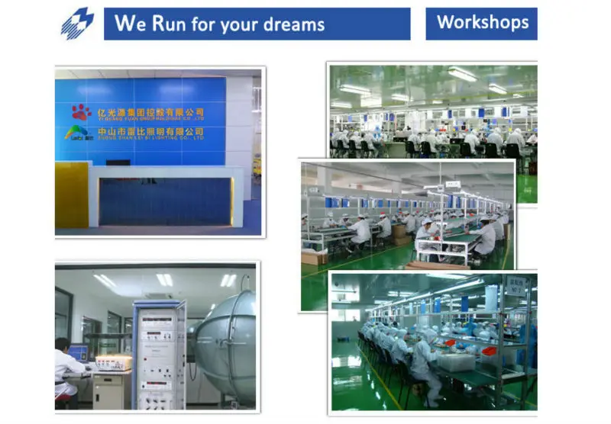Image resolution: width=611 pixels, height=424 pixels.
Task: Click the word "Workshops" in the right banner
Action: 482,22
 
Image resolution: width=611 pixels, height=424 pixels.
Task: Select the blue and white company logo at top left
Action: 77,23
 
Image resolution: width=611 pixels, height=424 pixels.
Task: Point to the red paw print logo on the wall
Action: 81,113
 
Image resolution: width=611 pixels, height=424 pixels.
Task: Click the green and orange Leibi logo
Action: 77,133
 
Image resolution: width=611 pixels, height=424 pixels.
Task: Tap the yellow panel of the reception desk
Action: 71,204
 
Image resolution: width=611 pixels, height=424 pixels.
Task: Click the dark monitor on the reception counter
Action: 118,162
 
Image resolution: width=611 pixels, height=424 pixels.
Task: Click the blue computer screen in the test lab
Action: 78,353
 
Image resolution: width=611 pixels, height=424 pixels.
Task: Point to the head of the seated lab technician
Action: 63,345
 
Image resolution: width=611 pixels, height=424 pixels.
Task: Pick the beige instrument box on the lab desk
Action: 114,362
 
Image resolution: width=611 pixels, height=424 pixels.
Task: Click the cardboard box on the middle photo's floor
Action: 313,258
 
